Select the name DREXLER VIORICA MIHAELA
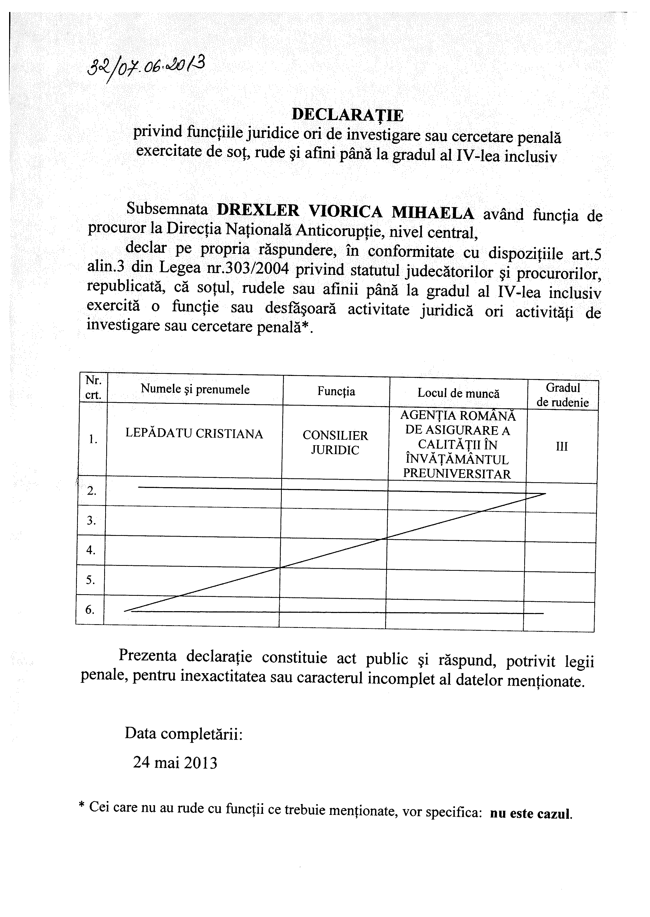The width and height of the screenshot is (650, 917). coord(345,212)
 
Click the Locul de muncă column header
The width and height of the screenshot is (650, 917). coord(458,393)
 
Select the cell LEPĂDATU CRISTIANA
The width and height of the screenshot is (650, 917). coord(194,434)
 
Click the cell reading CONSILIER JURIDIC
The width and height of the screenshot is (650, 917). coord(335,443)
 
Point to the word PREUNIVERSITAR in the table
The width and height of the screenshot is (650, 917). coord(457,474)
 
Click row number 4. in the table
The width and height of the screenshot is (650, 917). coord(91,550)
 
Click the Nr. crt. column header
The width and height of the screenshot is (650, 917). coord(93,388)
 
